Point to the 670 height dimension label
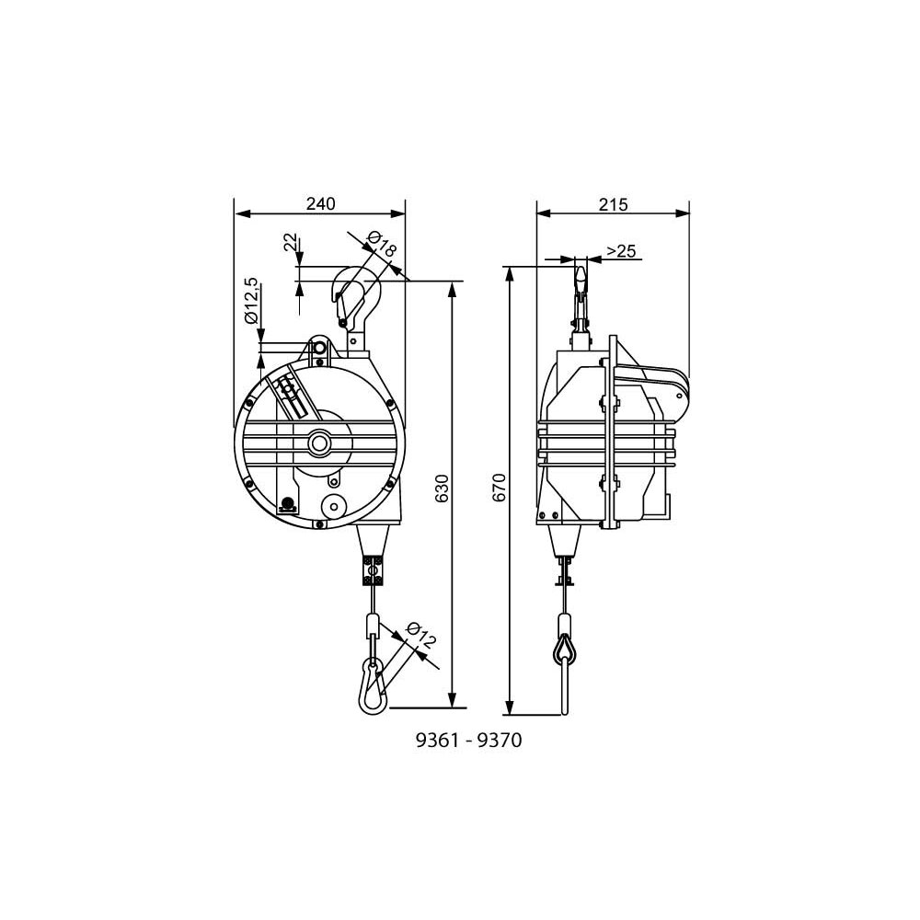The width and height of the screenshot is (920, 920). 499,488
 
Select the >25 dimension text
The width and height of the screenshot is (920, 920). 622,250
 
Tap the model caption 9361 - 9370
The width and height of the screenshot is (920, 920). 469,741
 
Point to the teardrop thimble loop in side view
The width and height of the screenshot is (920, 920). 563,649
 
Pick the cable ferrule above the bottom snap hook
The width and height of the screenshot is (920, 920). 372,627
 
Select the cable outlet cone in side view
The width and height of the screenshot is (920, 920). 562,544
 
